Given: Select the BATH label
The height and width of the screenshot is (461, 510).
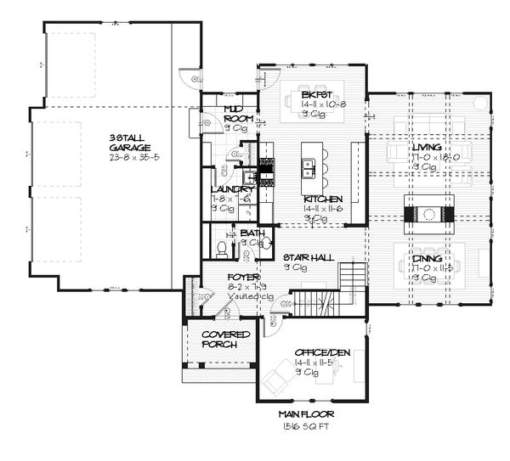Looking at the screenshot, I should click(x=251, y=233).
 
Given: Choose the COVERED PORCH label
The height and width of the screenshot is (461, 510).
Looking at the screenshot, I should click(x=225, y=340).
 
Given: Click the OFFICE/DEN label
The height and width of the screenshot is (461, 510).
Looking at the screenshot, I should click(x=316, y=351).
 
